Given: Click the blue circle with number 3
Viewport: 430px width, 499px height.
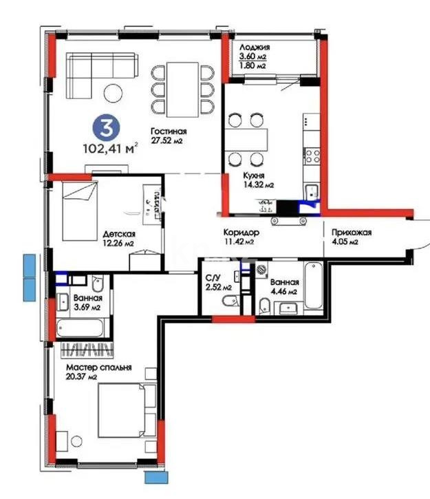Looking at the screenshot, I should click(x=106, y=127).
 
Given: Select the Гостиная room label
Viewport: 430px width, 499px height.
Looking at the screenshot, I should click(x=169, y=131).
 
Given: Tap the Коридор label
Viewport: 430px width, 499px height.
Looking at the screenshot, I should click(x=240, y=233).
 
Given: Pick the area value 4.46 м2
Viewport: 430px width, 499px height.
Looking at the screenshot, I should click(x=283, y=293).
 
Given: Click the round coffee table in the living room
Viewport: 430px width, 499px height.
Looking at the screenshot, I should click(x=112, y=91).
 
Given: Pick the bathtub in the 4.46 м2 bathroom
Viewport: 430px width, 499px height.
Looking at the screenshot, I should click(x=314, y=286).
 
